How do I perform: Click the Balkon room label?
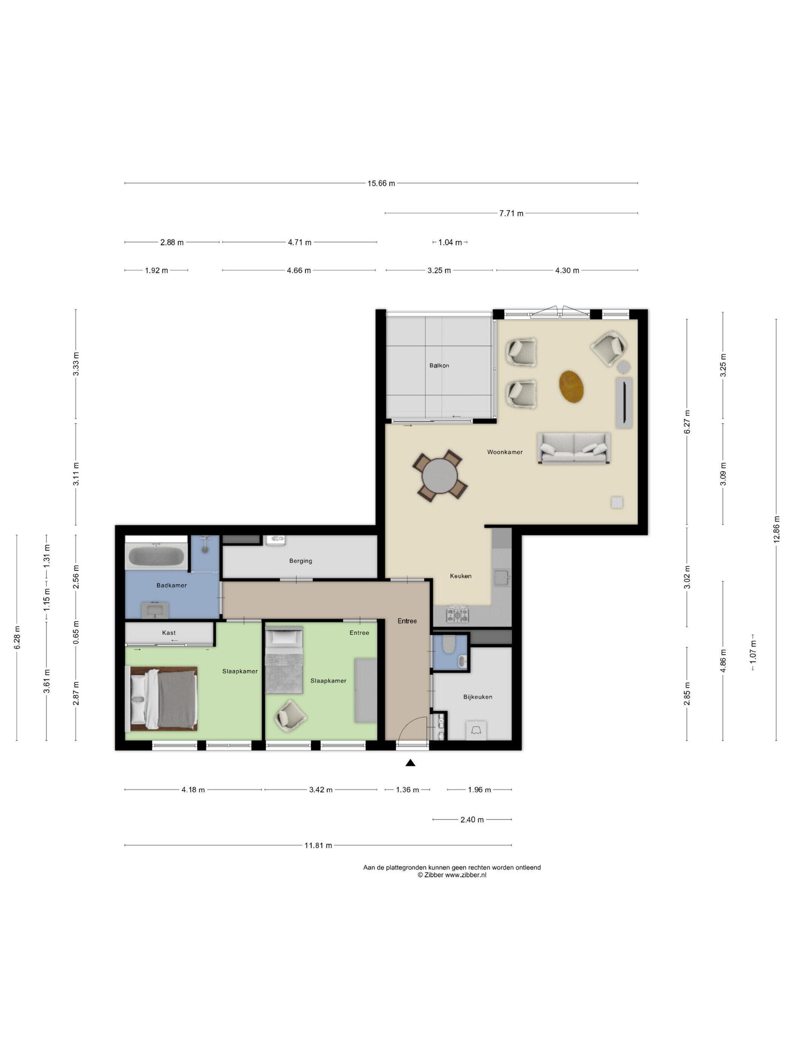(439, 365)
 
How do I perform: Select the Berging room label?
(301, 561)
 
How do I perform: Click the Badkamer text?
(171, 586)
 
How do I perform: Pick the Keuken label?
(461, 576)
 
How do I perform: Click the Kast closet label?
(169, 633)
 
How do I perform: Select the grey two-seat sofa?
(574, 448)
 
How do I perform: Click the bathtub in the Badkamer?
(156, 557)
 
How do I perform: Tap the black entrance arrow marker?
(410, 763)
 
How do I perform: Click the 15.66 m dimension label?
(381, 183)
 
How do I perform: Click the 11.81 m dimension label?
(318, 845)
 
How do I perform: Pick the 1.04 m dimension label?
(450, 242)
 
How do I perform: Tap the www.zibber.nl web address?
(466, 875)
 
